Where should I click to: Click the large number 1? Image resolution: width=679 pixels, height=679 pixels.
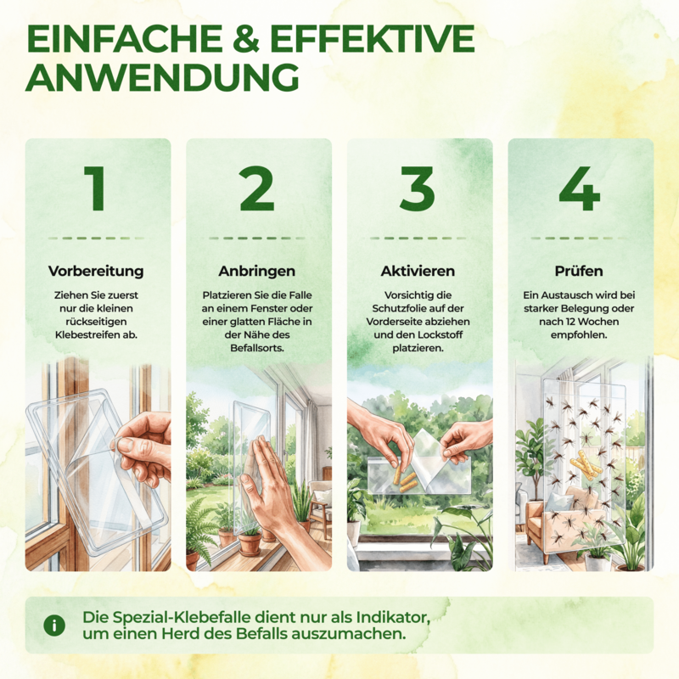click(96, 188)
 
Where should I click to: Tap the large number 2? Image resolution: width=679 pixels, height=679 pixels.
click(257, 188)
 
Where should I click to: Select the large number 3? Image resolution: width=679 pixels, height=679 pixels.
click(418, 188)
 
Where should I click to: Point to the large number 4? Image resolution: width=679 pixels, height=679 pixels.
click(580, 188)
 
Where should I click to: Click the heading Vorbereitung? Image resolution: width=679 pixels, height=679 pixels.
click(96, 271)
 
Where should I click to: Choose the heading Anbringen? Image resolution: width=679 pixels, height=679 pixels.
click(257, 271)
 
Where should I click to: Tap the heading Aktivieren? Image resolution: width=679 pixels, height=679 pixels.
click(418, 271)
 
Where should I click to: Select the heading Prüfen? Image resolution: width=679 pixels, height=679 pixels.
click(579, 271)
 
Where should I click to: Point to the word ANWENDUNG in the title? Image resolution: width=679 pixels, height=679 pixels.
click(162, 77)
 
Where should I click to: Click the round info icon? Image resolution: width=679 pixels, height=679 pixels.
click(54, 626)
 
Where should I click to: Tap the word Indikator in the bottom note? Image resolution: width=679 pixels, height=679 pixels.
click(393, 617)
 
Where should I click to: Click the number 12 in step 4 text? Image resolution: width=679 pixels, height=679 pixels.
click(570, 322)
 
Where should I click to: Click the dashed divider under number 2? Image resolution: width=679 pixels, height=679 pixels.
click(257, 238)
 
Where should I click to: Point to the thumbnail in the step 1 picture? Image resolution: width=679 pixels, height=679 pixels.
click(126, 444)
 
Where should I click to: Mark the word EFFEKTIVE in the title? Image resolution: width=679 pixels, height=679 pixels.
click(373, 39)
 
